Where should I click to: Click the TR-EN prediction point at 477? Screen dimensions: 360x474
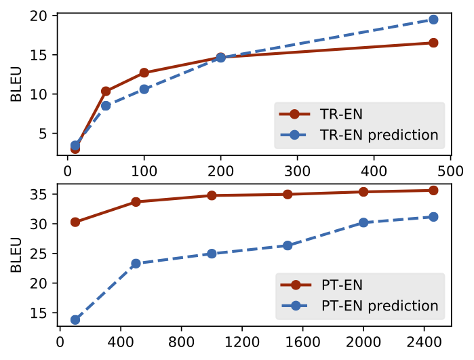433,20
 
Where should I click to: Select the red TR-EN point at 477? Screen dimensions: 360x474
433,43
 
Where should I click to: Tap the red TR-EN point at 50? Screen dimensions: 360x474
106,91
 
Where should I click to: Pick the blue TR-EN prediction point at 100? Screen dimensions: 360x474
144,89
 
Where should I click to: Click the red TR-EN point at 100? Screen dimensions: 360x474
144,73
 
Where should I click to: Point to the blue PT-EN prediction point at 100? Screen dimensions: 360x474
75,319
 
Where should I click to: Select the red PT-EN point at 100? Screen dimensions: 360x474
75,222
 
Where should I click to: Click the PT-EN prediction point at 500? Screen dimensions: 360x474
136,263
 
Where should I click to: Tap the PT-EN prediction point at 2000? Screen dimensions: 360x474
363,222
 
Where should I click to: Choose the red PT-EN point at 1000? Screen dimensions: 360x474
212,195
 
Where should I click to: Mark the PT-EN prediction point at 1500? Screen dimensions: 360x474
288,245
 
